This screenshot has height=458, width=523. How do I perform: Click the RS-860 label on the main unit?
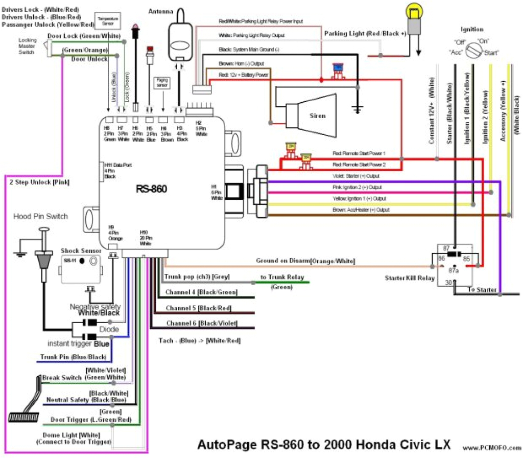point(152,189)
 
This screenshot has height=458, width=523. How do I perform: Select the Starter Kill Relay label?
point(410,278)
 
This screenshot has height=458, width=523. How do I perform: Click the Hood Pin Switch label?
point(41,216)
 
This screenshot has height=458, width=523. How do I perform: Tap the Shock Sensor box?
point(84,269)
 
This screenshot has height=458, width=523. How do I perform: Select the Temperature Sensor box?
point(107,20)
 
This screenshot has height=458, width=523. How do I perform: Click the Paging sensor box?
point(161,83)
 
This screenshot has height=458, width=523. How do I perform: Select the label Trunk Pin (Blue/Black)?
point(73,357)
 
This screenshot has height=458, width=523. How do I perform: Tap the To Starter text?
point(482,290)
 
